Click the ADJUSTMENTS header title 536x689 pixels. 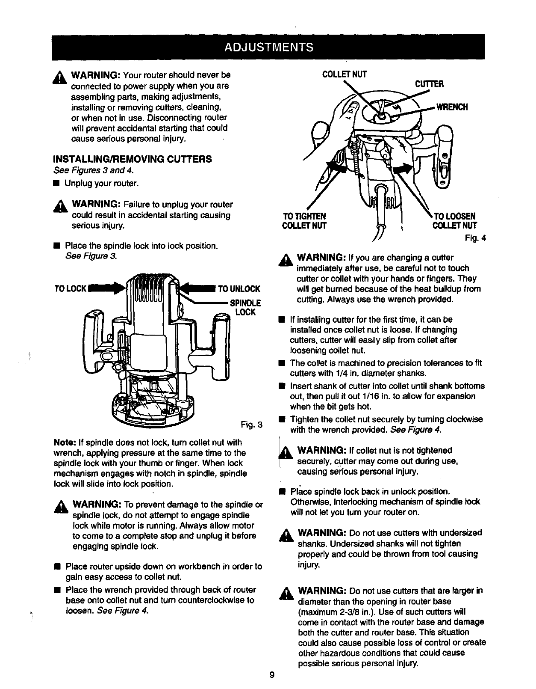pos(268,46)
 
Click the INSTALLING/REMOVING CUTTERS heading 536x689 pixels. pos(132,159)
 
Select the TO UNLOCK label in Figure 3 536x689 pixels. pos(239,288)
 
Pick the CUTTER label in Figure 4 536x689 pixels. pos(430,84)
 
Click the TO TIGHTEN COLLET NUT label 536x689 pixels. pos(304,220)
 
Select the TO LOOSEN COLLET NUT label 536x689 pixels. pos(454,220)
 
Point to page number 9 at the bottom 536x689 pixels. pos(272,676)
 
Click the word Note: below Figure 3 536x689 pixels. pos(65,443)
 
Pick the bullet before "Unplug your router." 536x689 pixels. pos(56,184)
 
